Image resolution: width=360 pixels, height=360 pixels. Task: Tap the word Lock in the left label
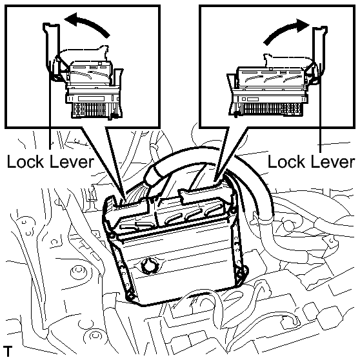point(25,162)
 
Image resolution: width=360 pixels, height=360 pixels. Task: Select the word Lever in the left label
point(72,162)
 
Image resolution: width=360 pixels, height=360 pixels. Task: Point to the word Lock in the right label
point(286,162)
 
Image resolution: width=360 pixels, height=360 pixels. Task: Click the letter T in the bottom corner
point(8,350)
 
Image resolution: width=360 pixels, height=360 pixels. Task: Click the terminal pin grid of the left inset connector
point(96,110)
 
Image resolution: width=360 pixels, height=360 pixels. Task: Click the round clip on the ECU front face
point(149,265)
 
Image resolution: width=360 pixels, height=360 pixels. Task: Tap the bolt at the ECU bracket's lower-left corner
point(131,295)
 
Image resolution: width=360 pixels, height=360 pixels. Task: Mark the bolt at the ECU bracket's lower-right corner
point(241,274)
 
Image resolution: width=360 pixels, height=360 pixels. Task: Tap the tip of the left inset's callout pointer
point(125,199)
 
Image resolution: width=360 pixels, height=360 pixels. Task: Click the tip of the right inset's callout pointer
point(216,182)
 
